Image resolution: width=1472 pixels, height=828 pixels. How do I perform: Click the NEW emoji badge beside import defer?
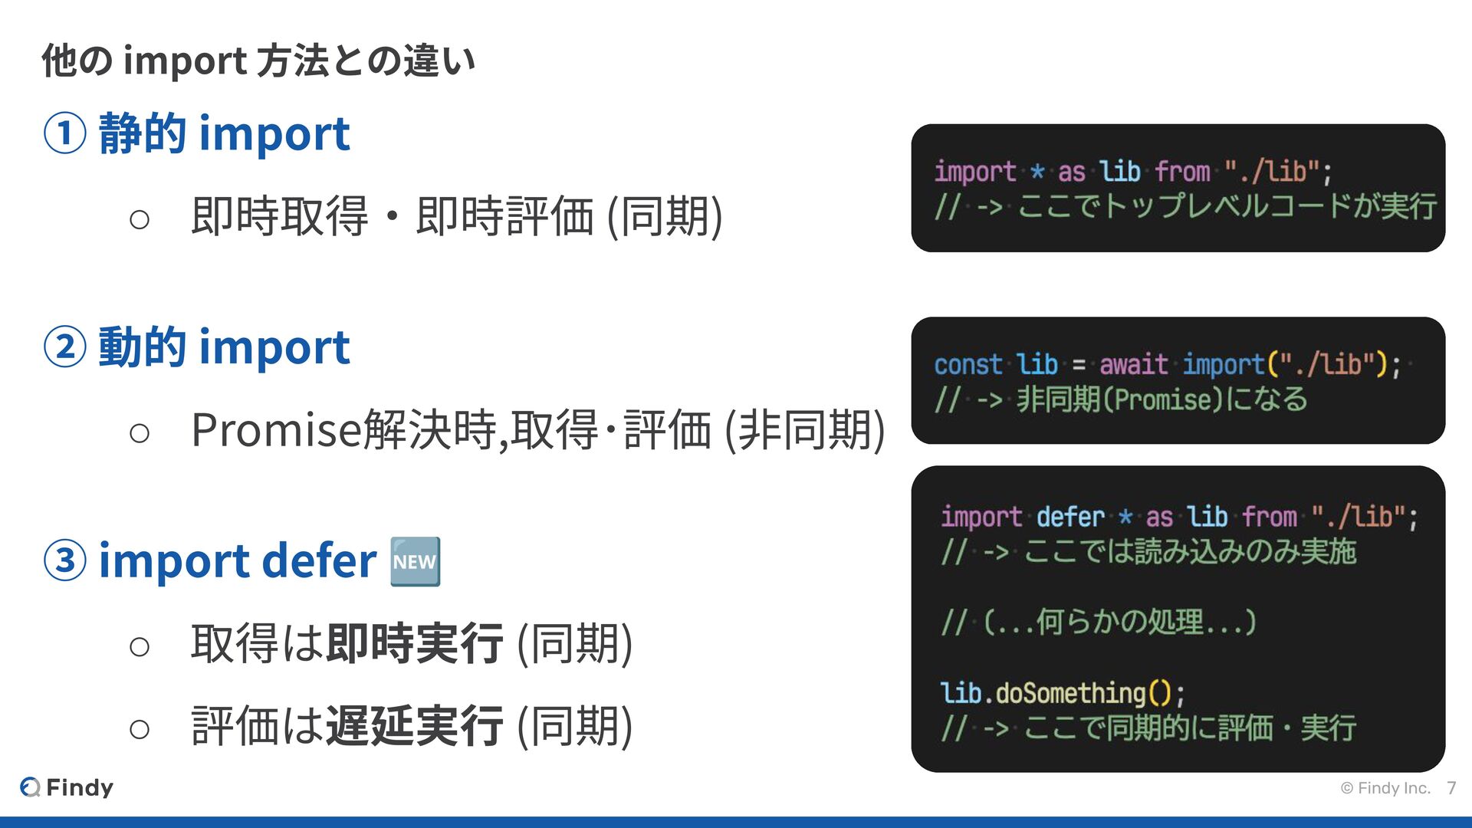point(415,562)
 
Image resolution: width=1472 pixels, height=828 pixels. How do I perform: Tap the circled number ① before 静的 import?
point(64,133)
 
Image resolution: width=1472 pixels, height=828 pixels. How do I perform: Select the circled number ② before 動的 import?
point(64,347)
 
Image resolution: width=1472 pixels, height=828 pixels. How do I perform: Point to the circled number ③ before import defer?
point(64,560)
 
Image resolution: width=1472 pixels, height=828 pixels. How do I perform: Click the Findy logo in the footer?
point(67,787)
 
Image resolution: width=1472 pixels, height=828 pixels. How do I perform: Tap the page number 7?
point(1451,788)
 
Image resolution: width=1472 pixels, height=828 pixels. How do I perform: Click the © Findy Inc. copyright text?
point(1385,788)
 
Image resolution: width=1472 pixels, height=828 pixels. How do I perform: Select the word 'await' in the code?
point(1133,364)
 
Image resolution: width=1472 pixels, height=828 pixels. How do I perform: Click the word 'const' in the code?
point(968,364)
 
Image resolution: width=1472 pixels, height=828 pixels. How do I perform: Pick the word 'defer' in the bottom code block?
point(1069,517)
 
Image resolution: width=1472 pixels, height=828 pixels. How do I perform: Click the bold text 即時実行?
point(414,643)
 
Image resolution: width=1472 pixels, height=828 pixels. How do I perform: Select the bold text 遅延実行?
point(414,725)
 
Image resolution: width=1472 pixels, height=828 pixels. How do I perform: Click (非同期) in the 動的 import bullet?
point(805,429)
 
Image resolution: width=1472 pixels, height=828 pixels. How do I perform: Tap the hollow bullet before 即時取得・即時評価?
point(140,220)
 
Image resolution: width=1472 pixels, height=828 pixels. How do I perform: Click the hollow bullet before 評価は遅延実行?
point(140,728)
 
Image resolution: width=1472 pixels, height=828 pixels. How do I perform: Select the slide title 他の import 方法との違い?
point(258,61)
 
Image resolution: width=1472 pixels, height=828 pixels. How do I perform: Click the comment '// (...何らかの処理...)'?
point(1099,622)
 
